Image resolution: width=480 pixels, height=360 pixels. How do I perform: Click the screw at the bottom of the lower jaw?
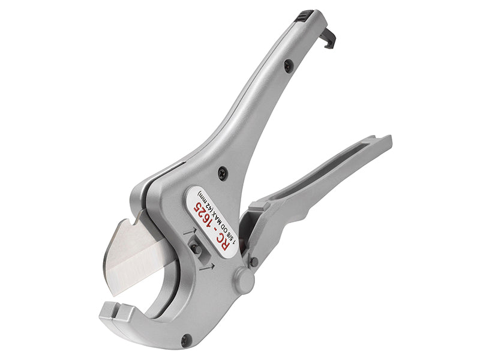pos(185,340)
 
